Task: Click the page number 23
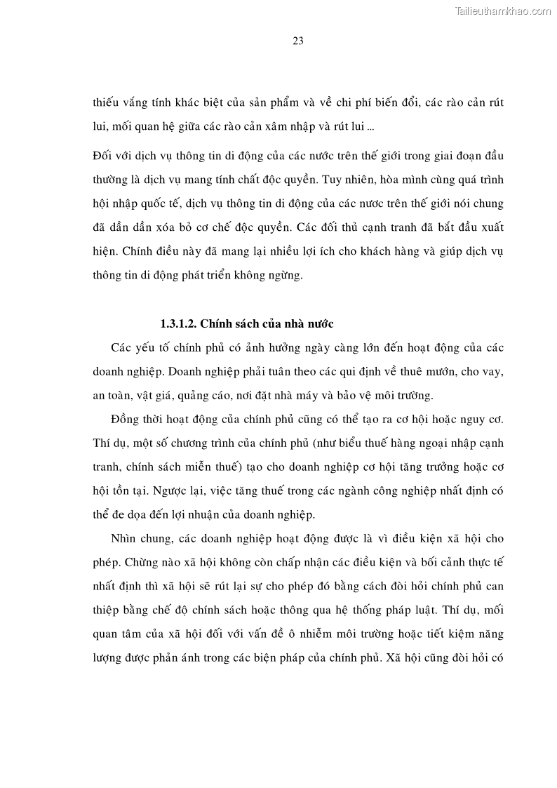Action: point(297,41)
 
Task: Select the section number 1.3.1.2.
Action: point(180,323)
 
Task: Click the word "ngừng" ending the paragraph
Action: point(288,276)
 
